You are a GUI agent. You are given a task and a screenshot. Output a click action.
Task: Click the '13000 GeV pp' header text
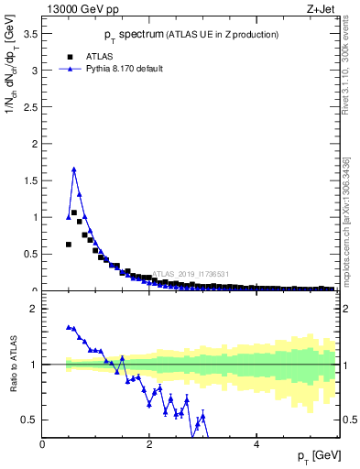80,9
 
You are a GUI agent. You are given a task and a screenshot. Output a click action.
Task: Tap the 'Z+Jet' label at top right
319,9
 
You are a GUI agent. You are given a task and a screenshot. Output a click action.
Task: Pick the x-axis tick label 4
256,444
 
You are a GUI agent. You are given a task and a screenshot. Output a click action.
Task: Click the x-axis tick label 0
43,444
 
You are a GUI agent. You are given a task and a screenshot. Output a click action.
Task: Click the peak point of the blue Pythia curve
73,169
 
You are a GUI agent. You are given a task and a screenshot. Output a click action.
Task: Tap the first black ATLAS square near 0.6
69,245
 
